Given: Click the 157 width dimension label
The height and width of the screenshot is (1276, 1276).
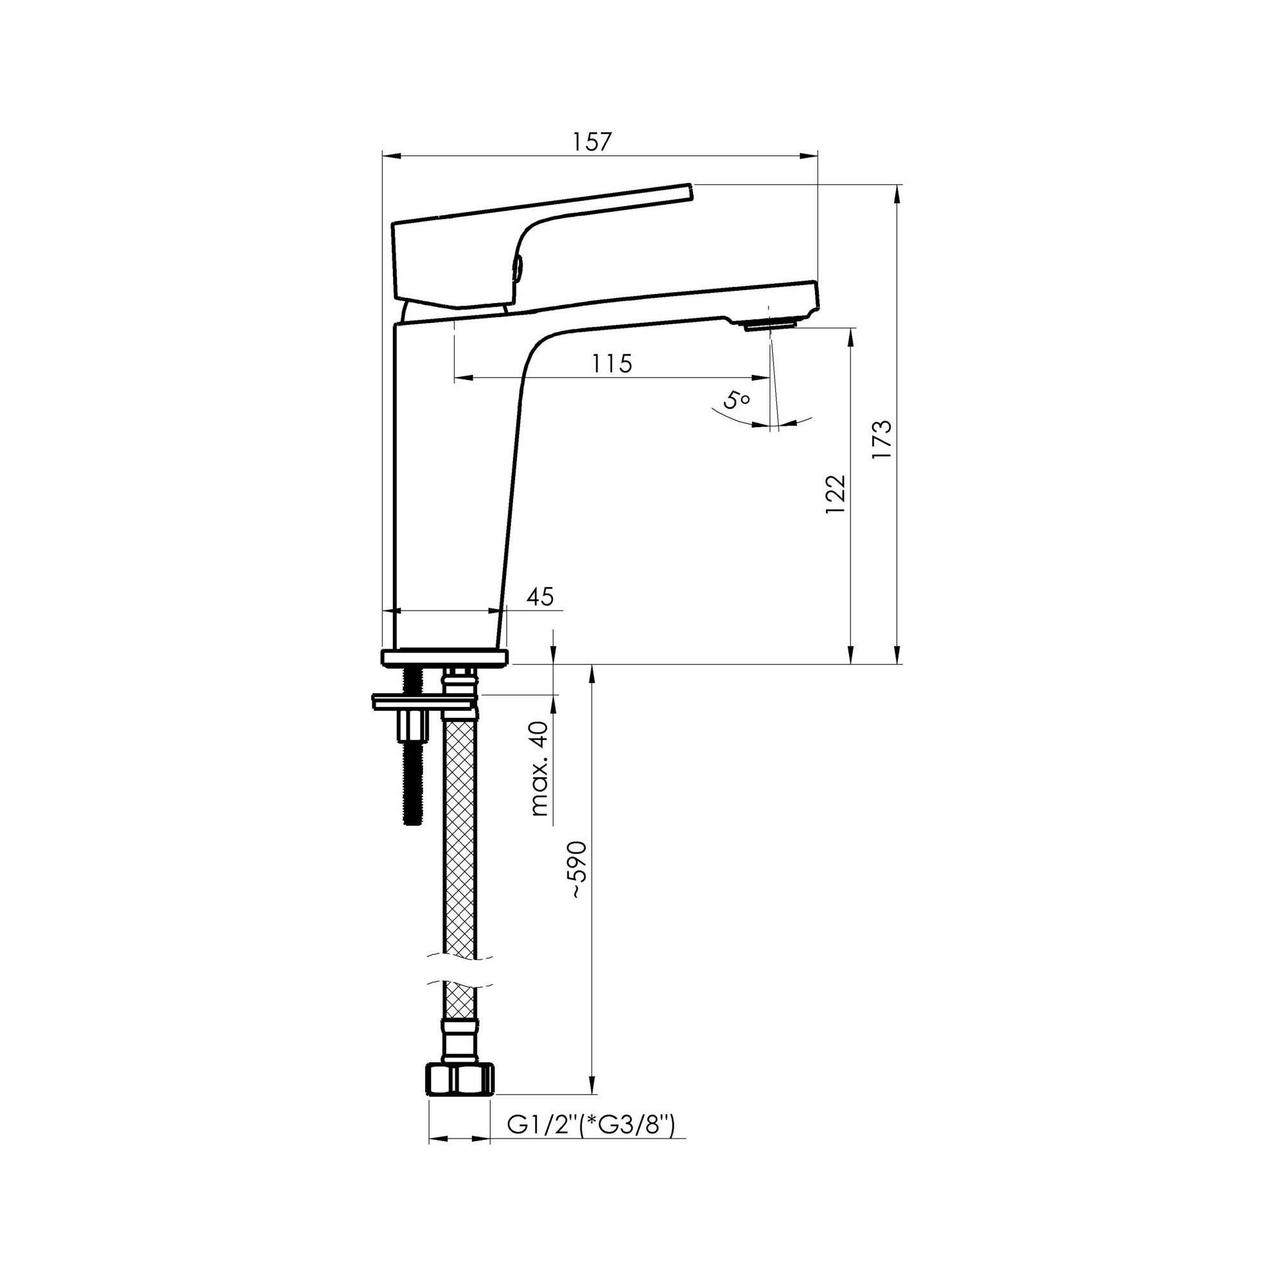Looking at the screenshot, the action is pos(593,142).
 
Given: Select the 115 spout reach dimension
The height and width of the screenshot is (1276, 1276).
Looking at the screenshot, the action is pos(611,363).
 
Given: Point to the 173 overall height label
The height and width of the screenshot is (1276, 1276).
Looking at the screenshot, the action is pos(882,440).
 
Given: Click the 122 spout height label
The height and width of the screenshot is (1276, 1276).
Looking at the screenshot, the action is pos(835,495).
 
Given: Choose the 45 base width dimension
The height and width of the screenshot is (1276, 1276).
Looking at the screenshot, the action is pos(539,597).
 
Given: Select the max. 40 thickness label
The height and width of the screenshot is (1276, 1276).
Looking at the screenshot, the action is pos(539,769).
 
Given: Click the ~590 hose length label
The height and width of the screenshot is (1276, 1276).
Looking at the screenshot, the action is pos(577,869).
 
